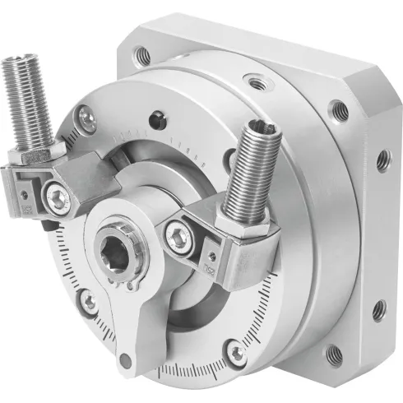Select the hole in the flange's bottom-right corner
(x=335, y=354)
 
